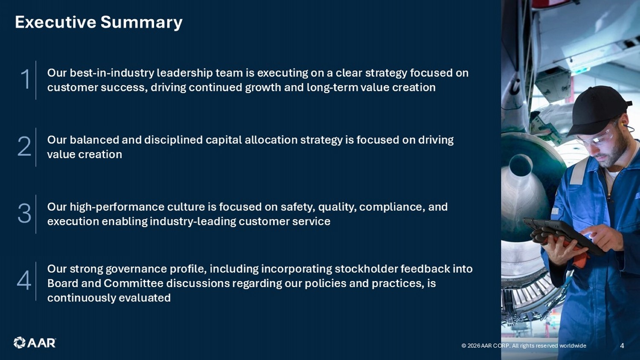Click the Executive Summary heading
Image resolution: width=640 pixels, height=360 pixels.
(99, 22)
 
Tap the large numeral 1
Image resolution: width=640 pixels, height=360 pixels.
(25, 79)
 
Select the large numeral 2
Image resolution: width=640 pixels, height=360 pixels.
(24, 146)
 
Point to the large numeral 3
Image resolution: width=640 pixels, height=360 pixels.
(24, 213)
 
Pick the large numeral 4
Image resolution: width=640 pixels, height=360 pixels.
(24, 280)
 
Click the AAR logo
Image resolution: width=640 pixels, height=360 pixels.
(35, 343)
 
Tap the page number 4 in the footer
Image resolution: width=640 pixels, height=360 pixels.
(622, 346)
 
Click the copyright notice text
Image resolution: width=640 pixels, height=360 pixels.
(524, 346)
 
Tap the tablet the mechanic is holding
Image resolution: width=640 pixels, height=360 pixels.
(564, 236)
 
